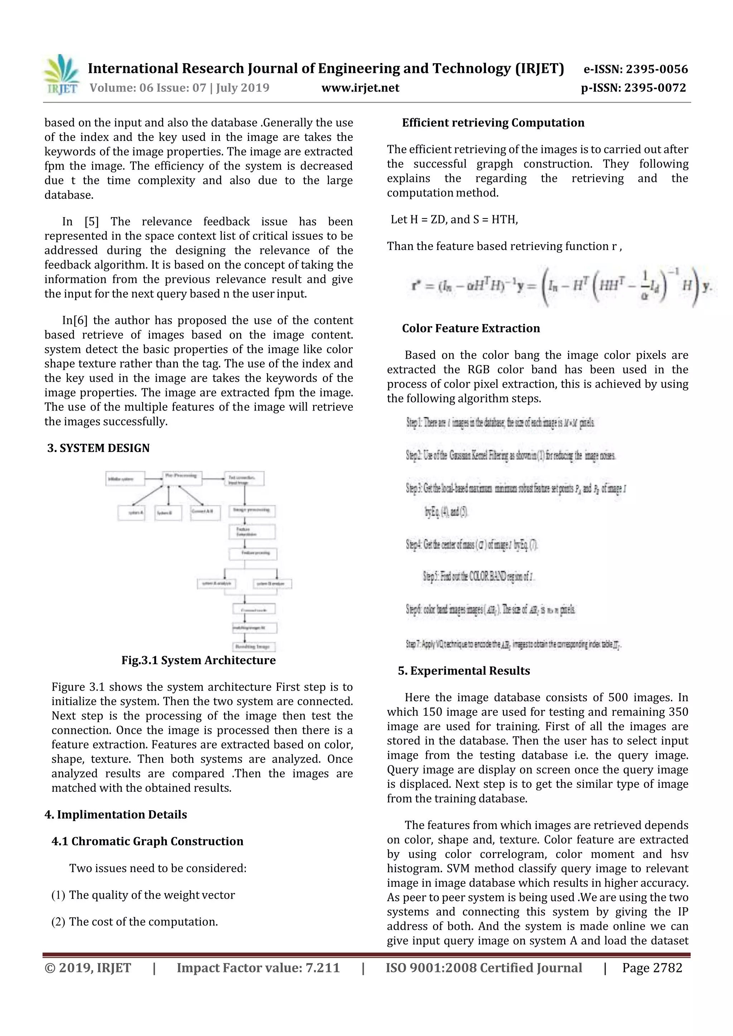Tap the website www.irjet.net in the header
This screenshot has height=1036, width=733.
pos(360,88)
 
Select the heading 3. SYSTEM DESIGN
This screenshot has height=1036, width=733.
pos(98,448)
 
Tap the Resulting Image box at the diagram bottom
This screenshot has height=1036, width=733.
pos(254,647)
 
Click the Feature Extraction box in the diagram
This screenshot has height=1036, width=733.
pos(252,531)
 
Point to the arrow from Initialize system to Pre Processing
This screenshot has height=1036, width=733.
pos(154,478)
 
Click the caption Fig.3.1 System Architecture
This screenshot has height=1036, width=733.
pos(198,660)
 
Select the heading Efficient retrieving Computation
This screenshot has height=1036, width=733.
pos(493,123)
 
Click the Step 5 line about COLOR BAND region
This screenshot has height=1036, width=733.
pos(478,576)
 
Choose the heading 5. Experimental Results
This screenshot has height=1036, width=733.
pos(464,671)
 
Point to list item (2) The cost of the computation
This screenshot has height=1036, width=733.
pos(135,922)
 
